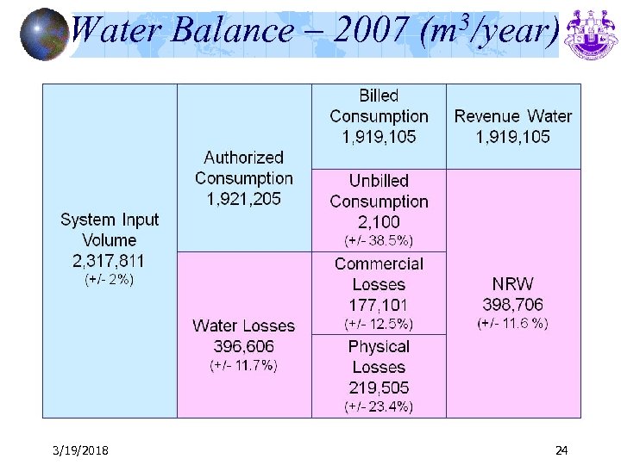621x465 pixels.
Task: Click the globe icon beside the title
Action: pos(43,34)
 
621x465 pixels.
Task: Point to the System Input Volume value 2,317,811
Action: pos(110,261)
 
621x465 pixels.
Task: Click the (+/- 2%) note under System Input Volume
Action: pos(110,280)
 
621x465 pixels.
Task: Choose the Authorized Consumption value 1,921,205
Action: pos(244,199)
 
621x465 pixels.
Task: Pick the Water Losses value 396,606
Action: pos(244,346)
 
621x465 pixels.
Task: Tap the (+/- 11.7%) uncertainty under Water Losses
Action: pos(244,365)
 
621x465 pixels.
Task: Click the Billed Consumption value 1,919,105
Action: pos(379,137)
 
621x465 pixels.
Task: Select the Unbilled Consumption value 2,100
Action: pos(379,222)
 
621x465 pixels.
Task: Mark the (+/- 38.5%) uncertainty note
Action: pos(379,241)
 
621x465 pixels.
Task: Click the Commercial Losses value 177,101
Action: pos(379,305)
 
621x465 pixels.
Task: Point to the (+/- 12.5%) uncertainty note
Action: pos(379,324)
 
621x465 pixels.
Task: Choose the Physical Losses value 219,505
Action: pos(379,387)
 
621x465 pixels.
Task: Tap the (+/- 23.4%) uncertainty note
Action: pos(379,406)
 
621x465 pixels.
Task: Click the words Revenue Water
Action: pos(513,116)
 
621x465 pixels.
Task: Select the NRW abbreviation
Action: pos(513,284)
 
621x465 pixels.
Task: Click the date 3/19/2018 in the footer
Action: pos(80,450)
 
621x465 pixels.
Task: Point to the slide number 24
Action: pos(561,450)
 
